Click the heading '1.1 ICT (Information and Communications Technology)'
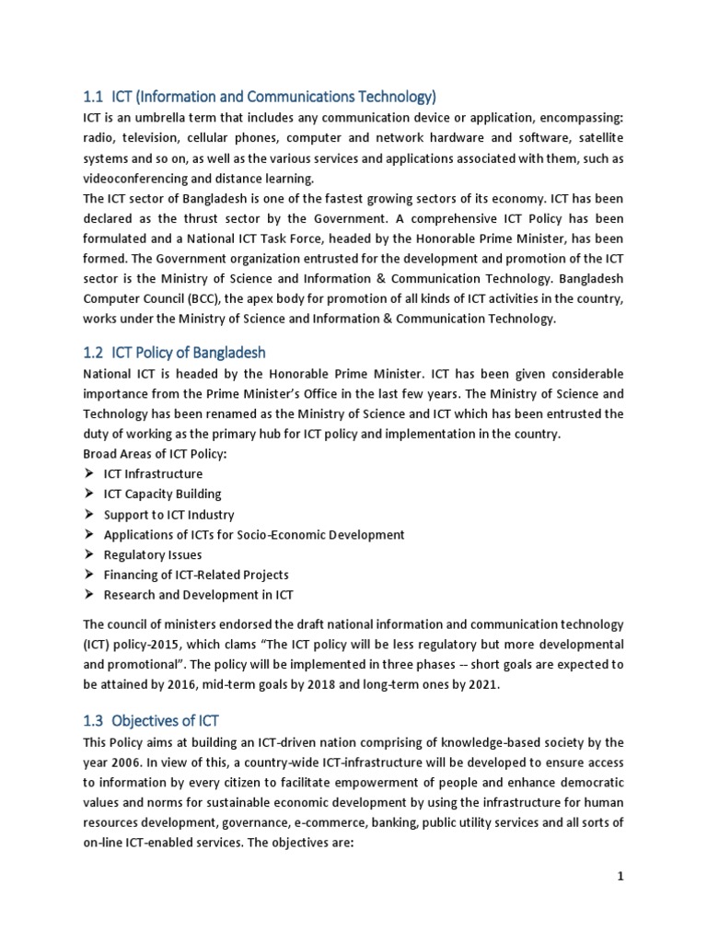[260, 97]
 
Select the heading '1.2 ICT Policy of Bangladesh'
[175, 353]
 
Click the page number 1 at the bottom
[620, 876]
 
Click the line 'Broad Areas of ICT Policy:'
[155, 454]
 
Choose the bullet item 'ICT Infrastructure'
[153, 474]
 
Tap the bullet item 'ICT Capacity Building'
[162, 495]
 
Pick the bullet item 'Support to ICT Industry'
[168, 515]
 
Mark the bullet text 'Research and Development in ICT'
[198, 595]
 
